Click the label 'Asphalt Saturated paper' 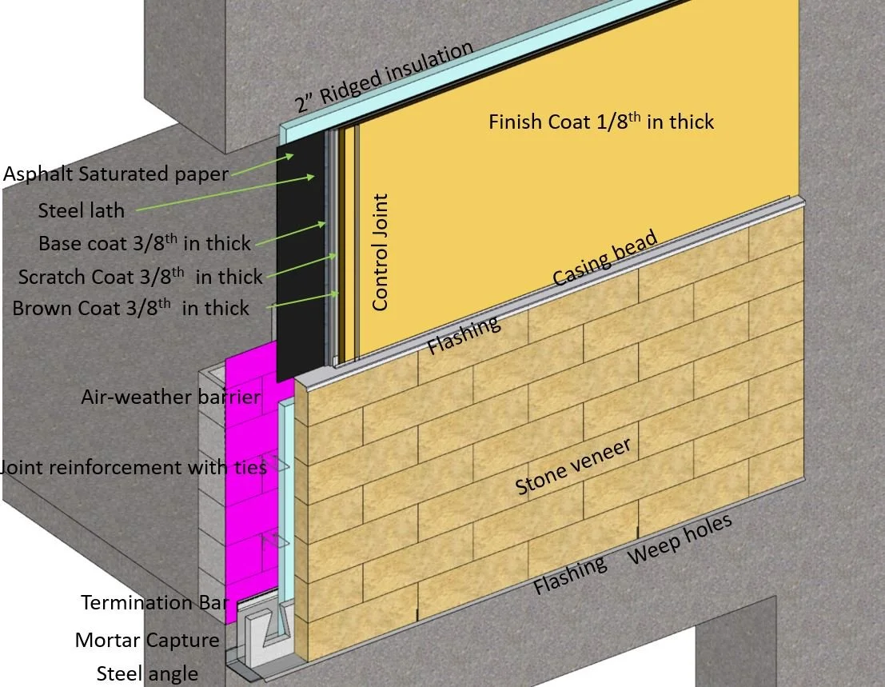(x=116, y=174)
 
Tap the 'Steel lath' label (x=82, y=210)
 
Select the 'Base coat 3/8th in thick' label (x=145, y=242)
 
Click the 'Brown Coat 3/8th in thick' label (x=130, y=308)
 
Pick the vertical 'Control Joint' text (x=381, y=251)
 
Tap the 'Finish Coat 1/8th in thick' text (x=601, y=122)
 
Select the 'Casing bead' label (x=605, y=258)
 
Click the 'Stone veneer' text (x=573, y=467)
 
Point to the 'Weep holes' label (x=680, y=538)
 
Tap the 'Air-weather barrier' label (x=171, y=397)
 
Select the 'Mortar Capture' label (x=147, y=640)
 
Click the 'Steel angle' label (x=147, y=673)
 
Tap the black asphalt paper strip (x=297, y=264)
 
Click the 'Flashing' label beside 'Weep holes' (x=570, y=575)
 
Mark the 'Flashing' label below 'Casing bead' (x=464, y=335)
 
